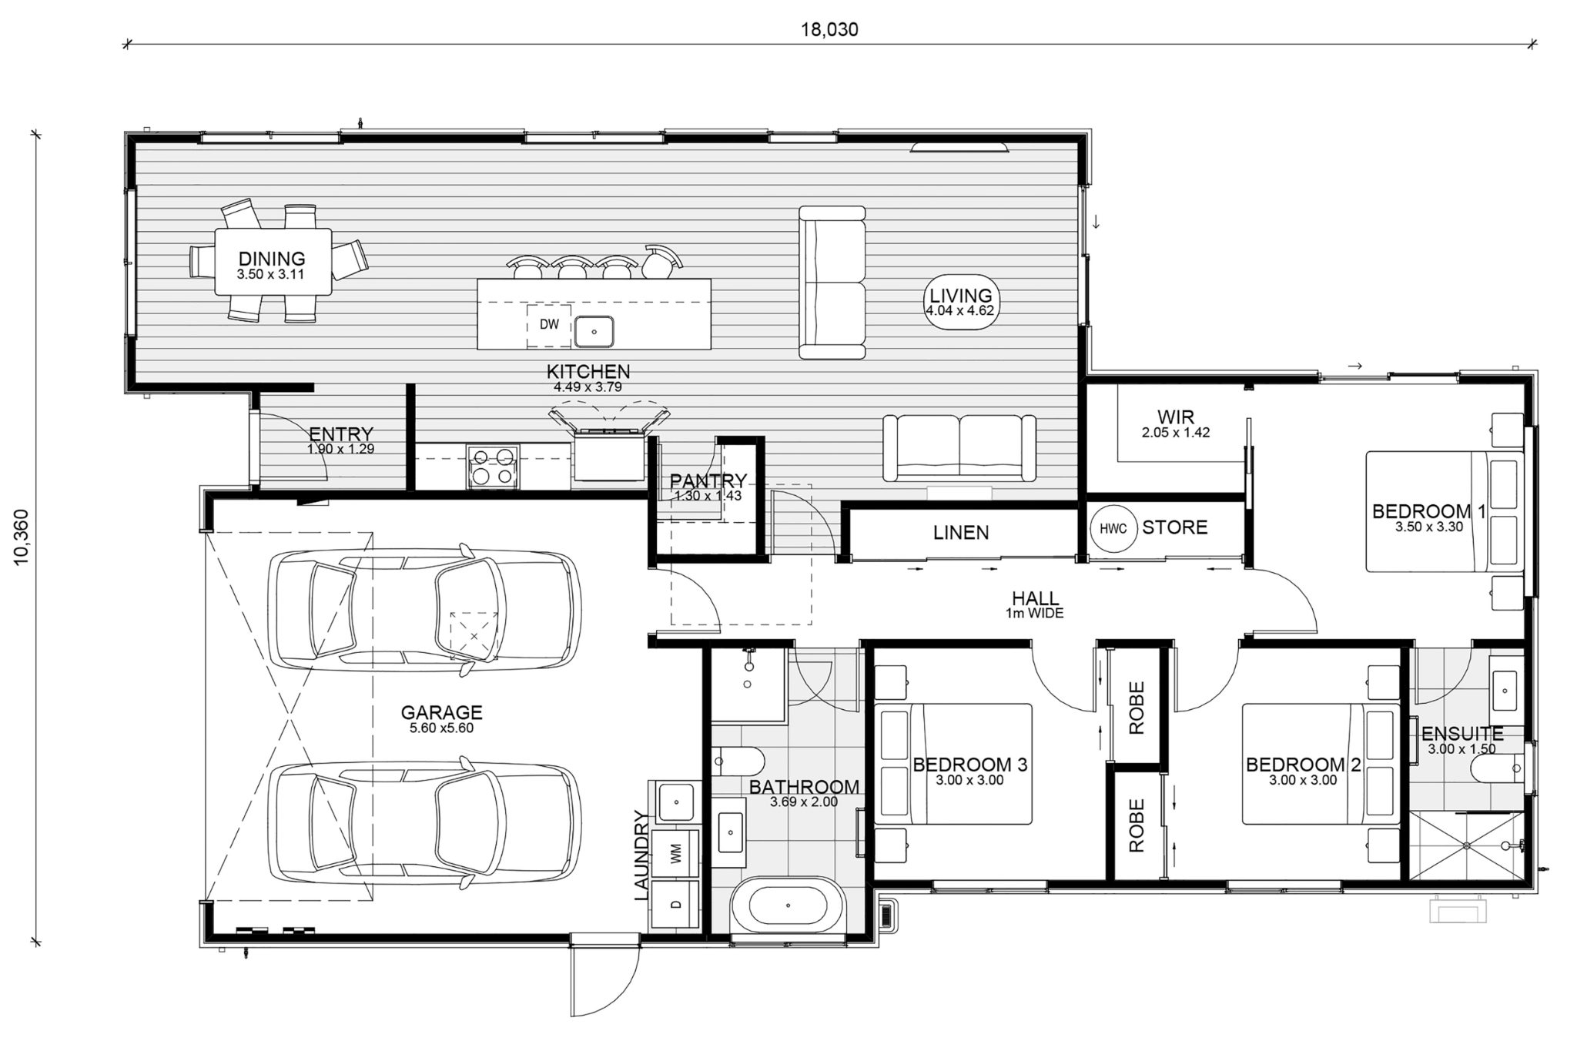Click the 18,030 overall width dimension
tap(829, 29)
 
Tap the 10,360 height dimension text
tap(22, 537)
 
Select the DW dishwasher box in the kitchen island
tap(549, 325)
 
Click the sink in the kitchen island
tap(594, 332)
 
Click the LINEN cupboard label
tap(961, 532)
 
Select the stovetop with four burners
tap(491, 467)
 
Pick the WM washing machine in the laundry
tap(676, 852)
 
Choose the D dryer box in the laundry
tap(676, 904)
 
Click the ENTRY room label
tap(340, 435)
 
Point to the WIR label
tap(1176, 419)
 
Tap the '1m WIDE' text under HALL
tap(1035, 614)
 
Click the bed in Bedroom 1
tap(1445, 511)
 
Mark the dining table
tap(273, 261)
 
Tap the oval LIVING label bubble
tap(960, 302)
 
